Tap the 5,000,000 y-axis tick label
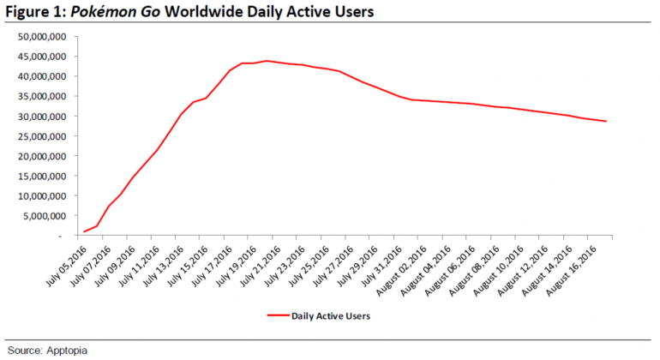43,215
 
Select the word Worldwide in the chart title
212,13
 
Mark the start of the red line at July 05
83,231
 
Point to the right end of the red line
607,121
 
